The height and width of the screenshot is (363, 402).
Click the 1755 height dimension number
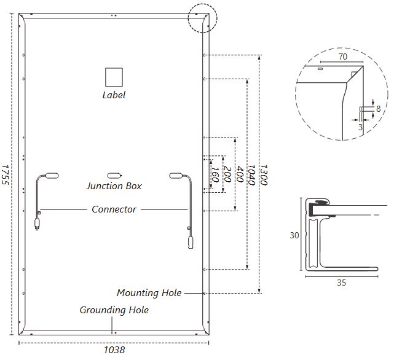5,174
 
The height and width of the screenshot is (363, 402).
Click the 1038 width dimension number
114,350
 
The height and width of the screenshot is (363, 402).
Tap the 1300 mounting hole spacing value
263,175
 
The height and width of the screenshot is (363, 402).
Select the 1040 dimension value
251,175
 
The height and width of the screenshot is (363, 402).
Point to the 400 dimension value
240,174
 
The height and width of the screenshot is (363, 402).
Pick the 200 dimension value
227,174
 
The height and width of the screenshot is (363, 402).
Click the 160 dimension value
215,174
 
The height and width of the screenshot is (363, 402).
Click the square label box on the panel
114,77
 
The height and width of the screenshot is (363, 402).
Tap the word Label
114,95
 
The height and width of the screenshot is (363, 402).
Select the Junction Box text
114,186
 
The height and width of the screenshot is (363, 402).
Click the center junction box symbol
114,176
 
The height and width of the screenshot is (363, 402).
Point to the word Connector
114,209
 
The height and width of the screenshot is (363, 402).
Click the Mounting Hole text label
149,293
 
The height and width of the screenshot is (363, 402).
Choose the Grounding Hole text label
114,310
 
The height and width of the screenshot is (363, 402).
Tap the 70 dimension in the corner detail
343,57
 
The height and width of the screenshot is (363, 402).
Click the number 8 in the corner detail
379,109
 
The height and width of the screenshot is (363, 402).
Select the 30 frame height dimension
294,235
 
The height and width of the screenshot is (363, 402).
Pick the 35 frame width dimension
342,283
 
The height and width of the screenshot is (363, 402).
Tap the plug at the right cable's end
191,243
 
